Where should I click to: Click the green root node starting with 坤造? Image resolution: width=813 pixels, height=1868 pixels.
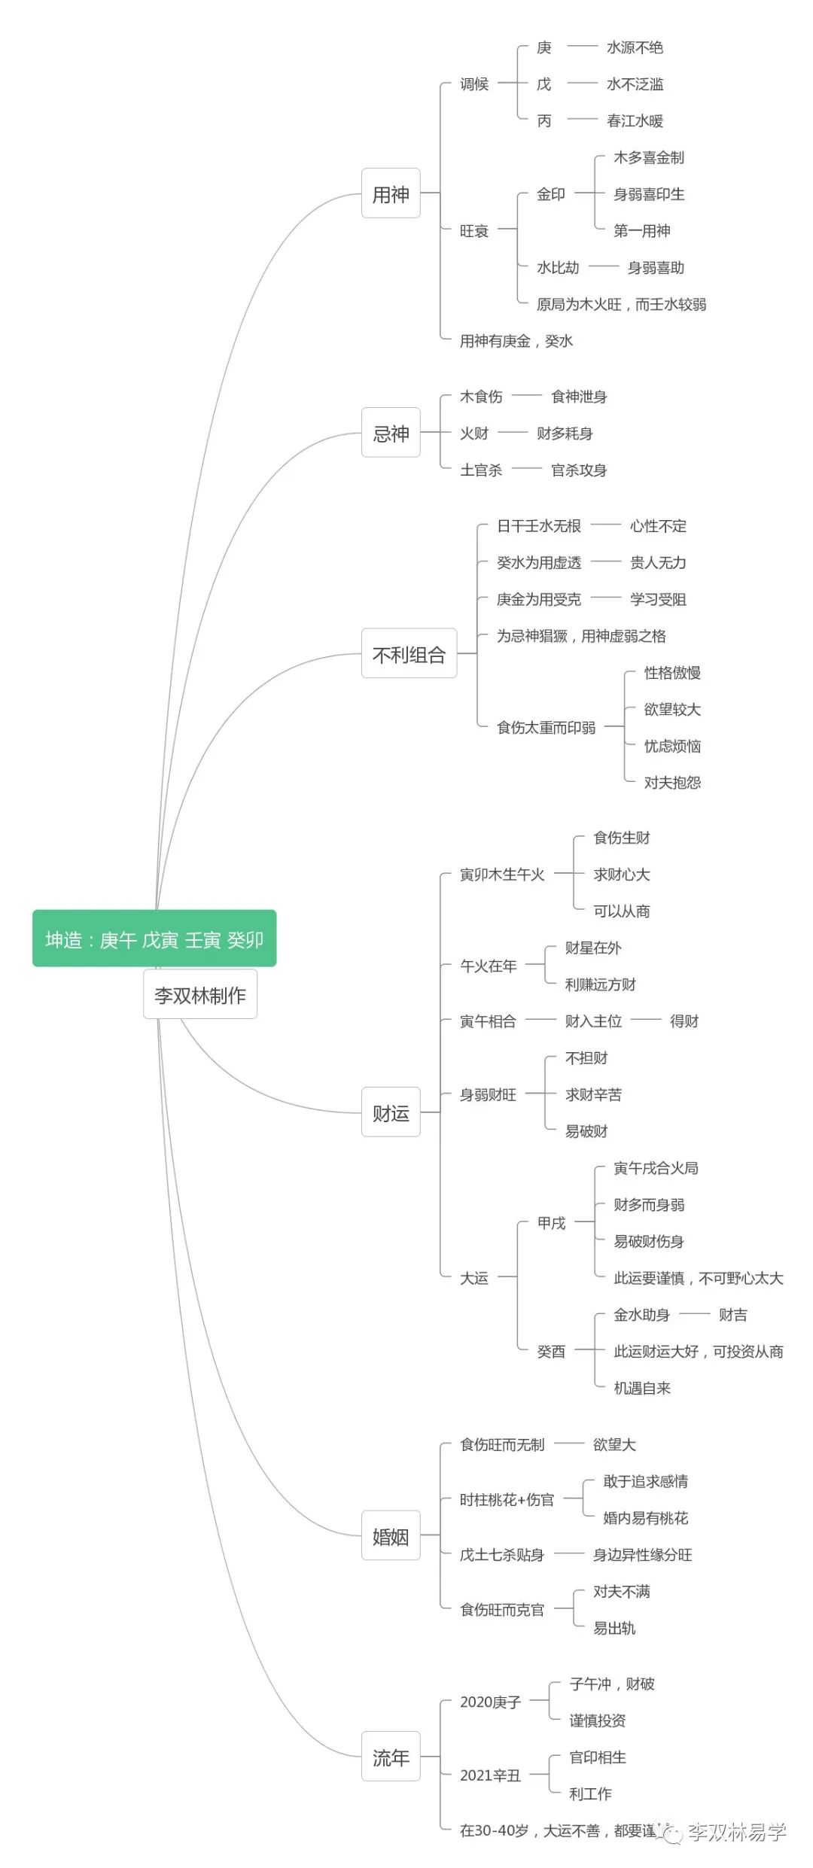(154, 939)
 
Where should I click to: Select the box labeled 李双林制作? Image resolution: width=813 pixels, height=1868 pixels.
(200, 995)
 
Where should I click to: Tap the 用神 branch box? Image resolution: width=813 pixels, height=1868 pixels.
(391, 194)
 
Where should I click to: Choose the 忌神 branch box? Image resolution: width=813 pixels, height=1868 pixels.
(391, 434)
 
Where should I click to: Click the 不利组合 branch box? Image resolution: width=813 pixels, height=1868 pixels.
(409, 654)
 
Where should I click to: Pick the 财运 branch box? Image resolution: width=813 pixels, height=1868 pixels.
(391, 1112)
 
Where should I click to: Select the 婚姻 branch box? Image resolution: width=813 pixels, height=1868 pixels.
(391, 1536)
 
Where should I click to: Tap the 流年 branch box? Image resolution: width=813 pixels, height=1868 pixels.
(391, 1757)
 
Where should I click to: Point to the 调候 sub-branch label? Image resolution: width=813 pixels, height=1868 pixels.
(474, 84)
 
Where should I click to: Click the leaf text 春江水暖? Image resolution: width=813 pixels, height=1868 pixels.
(635, 120)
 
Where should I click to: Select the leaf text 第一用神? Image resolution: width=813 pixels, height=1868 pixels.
(641, 230)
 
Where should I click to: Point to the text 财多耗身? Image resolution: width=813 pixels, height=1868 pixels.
(565, 434)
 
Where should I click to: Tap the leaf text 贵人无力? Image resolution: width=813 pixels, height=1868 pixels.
(658, 562)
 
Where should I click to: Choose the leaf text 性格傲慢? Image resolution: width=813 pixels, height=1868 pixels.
(672, 673)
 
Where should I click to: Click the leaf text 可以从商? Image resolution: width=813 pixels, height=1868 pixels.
(621, 911)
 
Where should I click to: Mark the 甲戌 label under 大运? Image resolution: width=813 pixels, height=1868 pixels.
(551, 1223)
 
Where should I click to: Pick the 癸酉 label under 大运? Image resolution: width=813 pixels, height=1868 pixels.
(551, 1352)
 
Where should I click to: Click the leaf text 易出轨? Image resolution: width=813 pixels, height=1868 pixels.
(614, 1628)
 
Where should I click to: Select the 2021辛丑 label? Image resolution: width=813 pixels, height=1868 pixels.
(490, 1775)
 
